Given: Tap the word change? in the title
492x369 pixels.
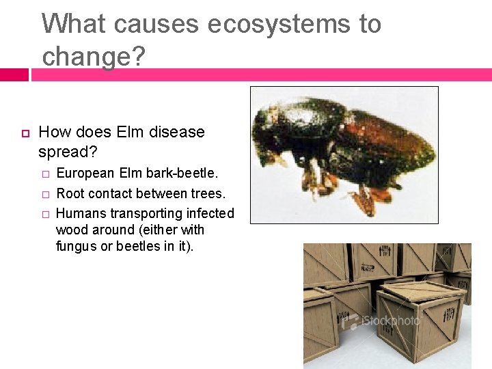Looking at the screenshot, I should click(94, 56).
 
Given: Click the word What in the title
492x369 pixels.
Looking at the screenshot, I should click(74, 25).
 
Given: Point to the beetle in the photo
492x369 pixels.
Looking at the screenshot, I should click(342, 147).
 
